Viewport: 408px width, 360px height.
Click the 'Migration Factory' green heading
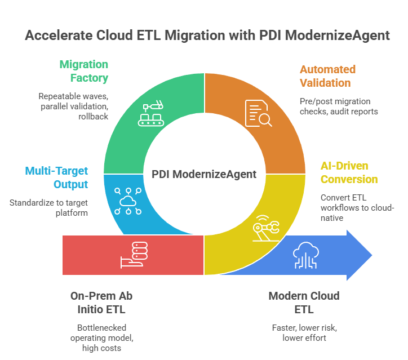click(84, 70)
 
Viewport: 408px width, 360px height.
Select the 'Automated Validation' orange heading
click(327, 76)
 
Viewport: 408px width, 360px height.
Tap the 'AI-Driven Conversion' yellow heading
click(348, 172)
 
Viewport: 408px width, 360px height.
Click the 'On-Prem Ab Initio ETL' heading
click(101, 302)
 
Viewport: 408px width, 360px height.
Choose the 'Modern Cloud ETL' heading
click(304, 302)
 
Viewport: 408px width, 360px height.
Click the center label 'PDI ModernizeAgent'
click(204, 174)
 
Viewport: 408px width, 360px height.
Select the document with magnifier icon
click(258, 113)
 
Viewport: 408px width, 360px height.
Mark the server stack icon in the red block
click(134, 255)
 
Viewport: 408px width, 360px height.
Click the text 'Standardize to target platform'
click(49, 207)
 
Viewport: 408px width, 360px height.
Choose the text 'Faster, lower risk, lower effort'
click(304, 332)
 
